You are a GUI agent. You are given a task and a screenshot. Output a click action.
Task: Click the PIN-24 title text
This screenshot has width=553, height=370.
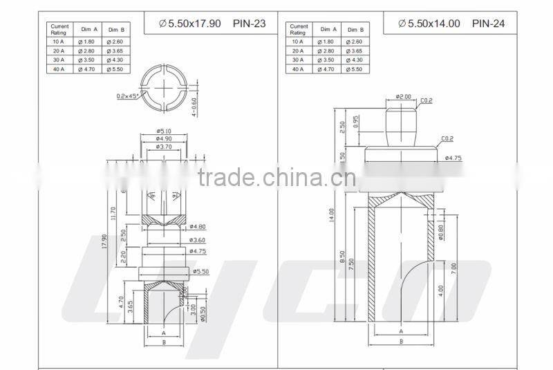pos(488,23)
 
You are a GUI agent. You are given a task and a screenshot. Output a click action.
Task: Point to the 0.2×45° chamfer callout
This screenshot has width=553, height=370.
pos(128,95)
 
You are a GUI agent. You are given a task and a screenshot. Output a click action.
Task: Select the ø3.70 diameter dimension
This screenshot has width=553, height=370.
pos(164,147)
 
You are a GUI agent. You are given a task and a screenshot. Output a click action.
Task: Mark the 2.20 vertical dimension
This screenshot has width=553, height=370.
pos(123,257)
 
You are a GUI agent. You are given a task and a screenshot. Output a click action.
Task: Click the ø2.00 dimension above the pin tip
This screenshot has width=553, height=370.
pos(403,96)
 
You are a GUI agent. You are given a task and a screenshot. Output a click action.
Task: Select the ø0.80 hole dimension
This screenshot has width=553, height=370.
pos(440,233)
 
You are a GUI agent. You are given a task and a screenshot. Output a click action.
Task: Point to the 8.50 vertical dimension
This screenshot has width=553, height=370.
pos(342,257)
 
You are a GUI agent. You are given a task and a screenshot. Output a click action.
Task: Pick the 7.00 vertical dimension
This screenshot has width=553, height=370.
pos(453,268)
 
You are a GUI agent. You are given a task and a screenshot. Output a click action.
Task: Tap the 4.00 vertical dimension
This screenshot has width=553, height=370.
pos(440,290)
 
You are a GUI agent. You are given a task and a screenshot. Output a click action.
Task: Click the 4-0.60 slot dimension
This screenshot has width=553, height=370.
pos(194,107)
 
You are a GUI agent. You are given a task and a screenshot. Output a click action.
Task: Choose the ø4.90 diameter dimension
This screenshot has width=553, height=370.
pos(164,138)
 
